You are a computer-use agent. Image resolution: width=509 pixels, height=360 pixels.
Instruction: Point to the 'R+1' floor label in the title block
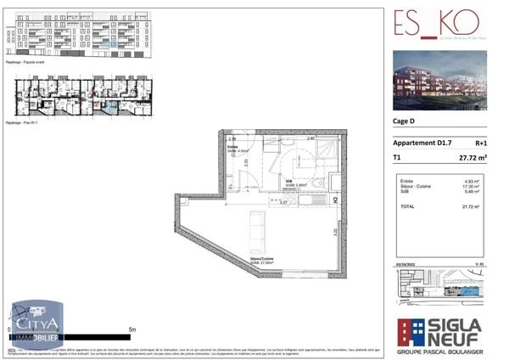coord(480,143)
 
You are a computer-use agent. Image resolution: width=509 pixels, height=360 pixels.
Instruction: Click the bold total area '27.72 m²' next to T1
coord(472,158)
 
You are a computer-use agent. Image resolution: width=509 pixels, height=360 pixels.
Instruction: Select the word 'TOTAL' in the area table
coord(407,206)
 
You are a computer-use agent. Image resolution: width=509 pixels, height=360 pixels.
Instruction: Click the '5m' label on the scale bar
coord(131,329)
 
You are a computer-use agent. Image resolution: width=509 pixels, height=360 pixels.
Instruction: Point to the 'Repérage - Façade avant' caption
coord(25,63)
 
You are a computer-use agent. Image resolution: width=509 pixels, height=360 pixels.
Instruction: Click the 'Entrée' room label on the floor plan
coord(232,147)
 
